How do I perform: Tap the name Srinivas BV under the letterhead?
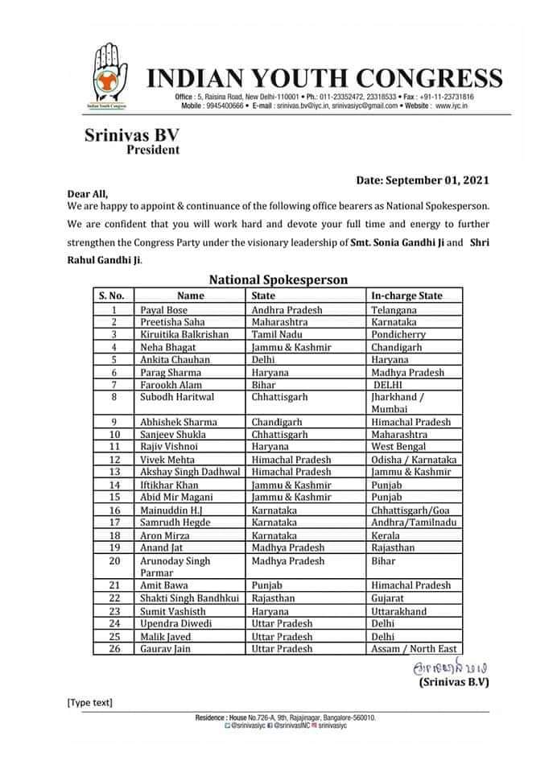coord(132,136)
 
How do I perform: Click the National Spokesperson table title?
coord(278,280)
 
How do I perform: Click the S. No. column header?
coord(112,296)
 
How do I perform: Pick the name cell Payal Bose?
coord(163,309)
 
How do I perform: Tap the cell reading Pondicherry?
coord(398,334)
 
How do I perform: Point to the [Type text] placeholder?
coord(89,703)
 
